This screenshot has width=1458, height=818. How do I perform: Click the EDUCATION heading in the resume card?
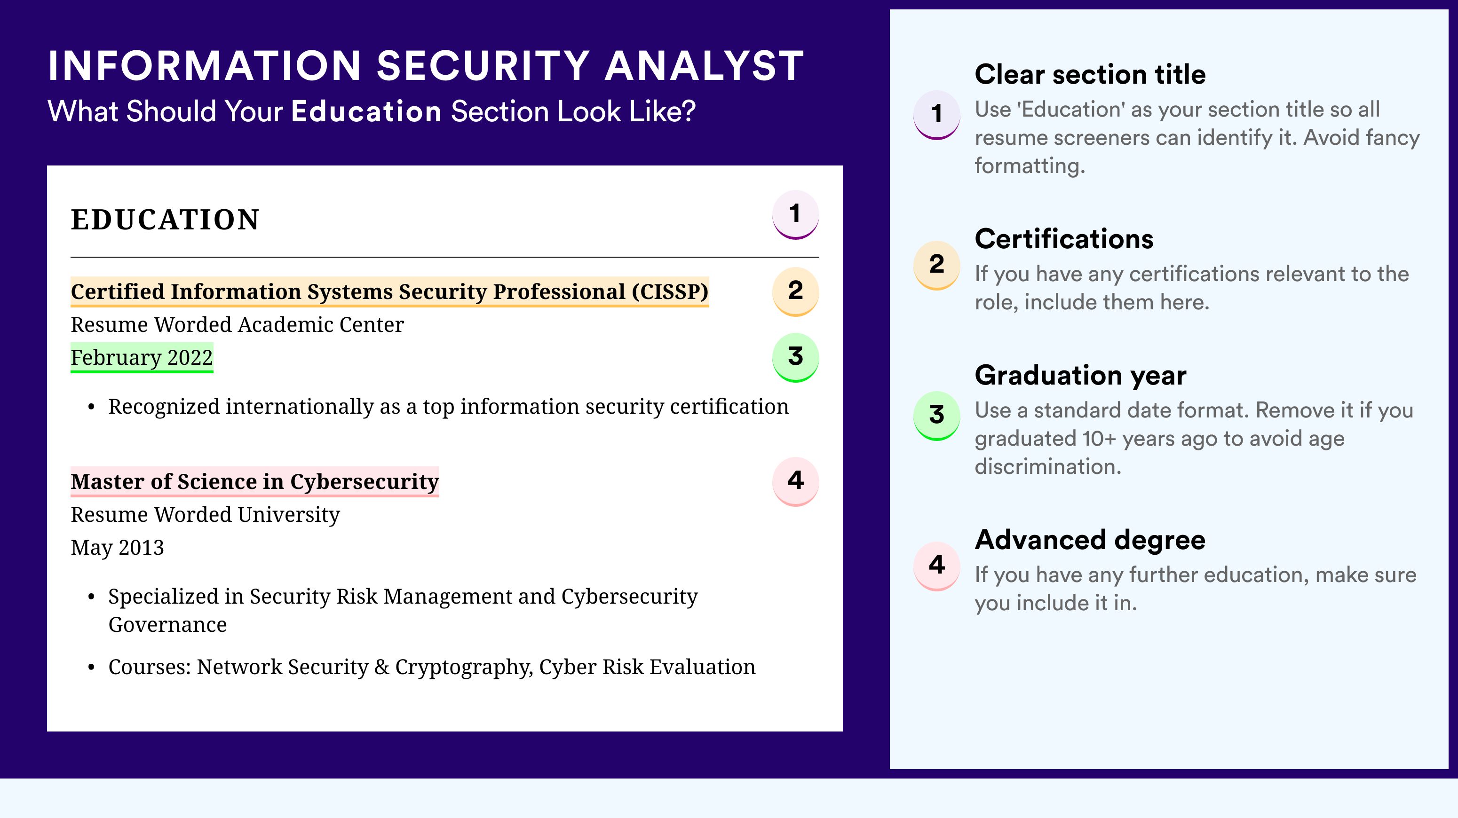coord(165,220)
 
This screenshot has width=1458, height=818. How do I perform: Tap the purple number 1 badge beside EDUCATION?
coord(795,214)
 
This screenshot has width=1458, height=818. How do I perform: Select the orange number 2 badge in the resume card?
coord(795,291)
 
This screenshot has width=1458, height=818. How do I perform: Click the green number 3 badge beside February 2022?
coord(795,357)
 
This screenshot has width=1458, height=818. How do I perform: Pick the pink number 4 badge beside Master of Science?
coord(795,481)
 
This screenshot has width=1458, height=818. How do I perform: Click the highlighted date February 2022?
coord(142,357)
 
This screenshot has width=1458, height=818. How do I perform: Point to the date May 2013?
coord(117,548)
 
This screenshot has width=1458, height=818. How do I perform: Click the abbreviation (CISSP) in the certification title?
coord(670,292)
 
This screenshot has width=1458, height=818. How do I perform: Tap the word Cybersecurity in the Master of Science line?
coord(364,481)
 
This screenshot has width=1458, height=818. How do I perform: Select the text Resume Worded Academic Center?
coord(237,325)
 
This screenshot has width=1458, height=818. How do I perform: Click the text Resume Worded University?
coord(205,515)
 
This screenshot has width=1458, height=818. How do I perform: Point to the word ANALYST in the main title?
coord(704,66)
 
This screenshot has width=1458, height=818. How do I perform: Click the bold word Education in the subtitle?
coord(366,111)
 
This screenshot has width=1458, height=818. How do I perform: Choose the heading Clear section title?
coord(1090,74)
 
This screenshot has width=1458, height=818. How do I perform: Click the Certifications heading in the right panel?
coord(1064,239)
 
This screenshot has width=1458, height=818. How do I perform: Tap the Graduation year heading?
coord(1080,375)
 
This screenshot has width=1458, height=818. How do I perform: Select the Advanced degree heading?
coord(1090,540)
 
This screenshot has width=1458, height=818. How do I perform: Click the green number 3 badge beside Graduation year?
coord(937,415)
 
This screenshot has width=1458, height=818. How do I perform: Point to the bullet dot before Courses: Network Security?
coord(91,668)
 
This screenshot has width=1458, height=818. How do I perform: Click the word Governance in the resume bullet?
coord(167,624)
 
